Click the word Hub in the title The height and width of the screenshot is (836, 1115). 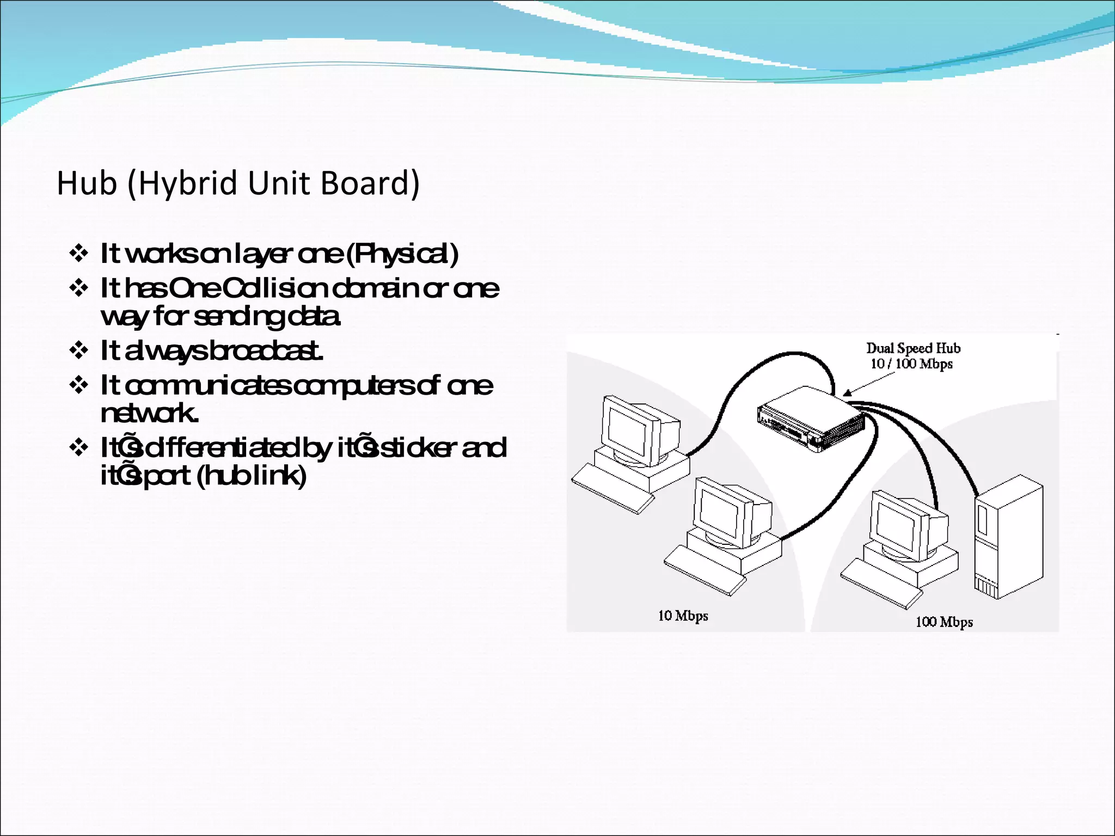(x=87, y=183)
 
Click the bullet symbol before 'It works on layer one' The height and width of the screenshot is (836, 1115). (x=79, y=254)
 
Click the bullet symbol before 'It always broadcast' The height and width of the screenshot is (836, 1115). (x=79, y=351)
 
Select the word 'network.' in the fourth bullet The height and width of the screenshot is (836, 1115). (x=149, y=413)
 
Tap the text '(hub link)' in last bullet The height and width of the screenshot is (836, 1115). (x=251, y=476)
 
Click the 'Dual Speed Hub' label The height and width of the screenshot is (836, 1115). (x=913, y=348)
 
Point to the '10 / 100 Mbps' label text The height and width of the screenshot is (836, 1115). (x=911, y=364)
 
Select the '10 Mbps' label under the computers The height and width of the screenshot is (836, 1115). (x=683, y=616)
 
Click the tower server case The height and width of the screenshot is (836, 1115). (x=1009, y=536)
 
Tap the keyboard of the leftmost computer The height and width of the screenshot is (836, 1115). (x=612, y=489)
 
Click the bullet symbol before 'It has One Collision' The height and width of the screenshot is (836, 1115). (x=79, y=288)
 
